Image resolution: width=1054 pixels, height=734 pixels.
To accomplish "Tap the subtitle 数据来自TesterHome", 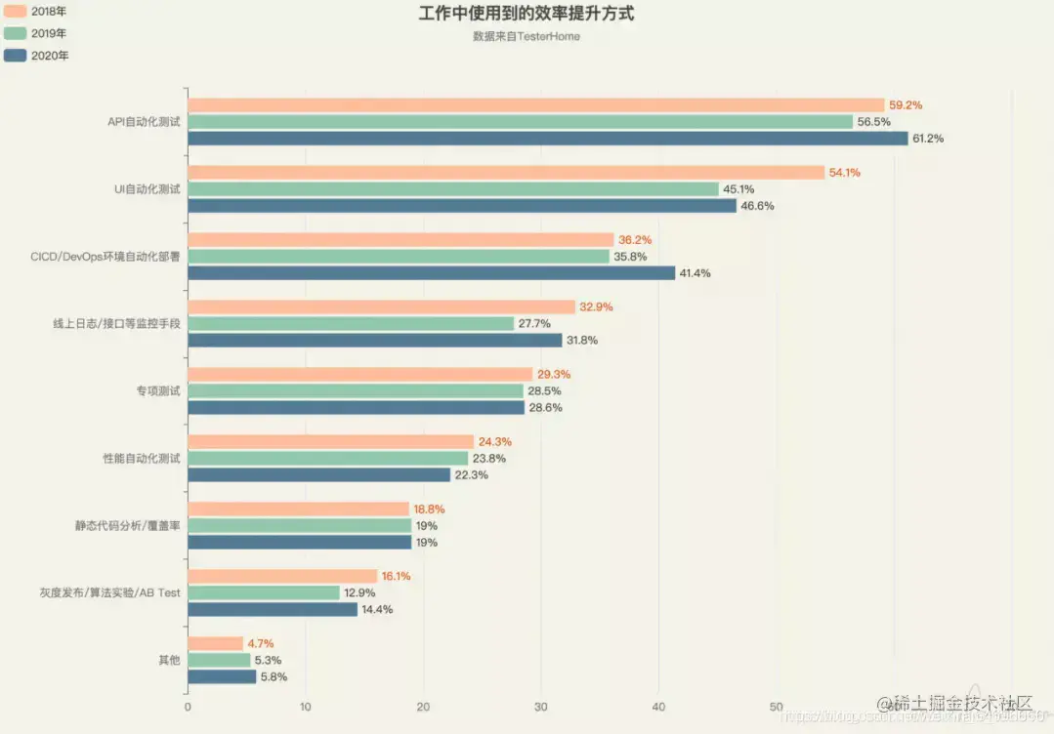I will click(526, 37).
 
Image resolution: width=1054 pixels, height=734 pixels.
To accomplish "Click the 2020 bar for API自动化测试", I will click(547, 139).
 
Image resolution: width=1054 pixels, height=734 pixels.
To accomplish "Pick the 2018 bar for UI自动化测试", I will click(506, 173).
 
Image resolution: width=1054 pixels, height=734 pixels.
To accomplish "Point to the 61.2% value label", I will click(928, 139).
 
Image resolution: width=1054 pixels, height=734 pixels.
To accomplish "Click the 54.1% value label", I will click(845, 173).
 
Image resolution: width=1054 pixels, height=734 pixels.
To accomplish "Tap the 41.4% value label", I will click(695, 273).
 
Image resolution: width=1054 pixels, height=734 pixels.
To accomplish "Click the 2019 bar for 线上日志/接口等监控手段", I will click(351, 324).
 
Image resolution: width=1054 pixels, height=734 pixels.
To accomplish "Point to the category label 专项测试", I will click(158, 391).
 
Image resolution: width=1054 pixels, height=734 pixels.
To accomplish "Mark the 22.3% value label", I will click(471, 475).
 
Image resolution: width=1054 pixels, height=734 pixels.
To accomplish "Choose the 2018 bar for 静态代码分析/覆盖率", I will click(298, 510).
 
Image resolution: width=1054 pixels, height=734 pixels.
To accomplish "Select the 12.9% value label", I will click(359, 592).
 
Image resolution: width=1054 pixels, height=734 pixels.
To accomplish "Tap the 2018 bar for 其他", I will click(215, 644).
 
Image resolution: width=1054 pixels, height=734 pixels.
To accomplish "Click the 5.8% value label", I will click(273, 677).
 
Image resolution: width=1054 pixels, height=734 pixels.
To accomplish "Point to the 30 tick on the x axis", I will click(541, 708).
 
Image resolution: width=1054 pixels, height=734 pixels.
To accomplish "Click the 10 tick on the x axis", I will click(305, 708).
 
